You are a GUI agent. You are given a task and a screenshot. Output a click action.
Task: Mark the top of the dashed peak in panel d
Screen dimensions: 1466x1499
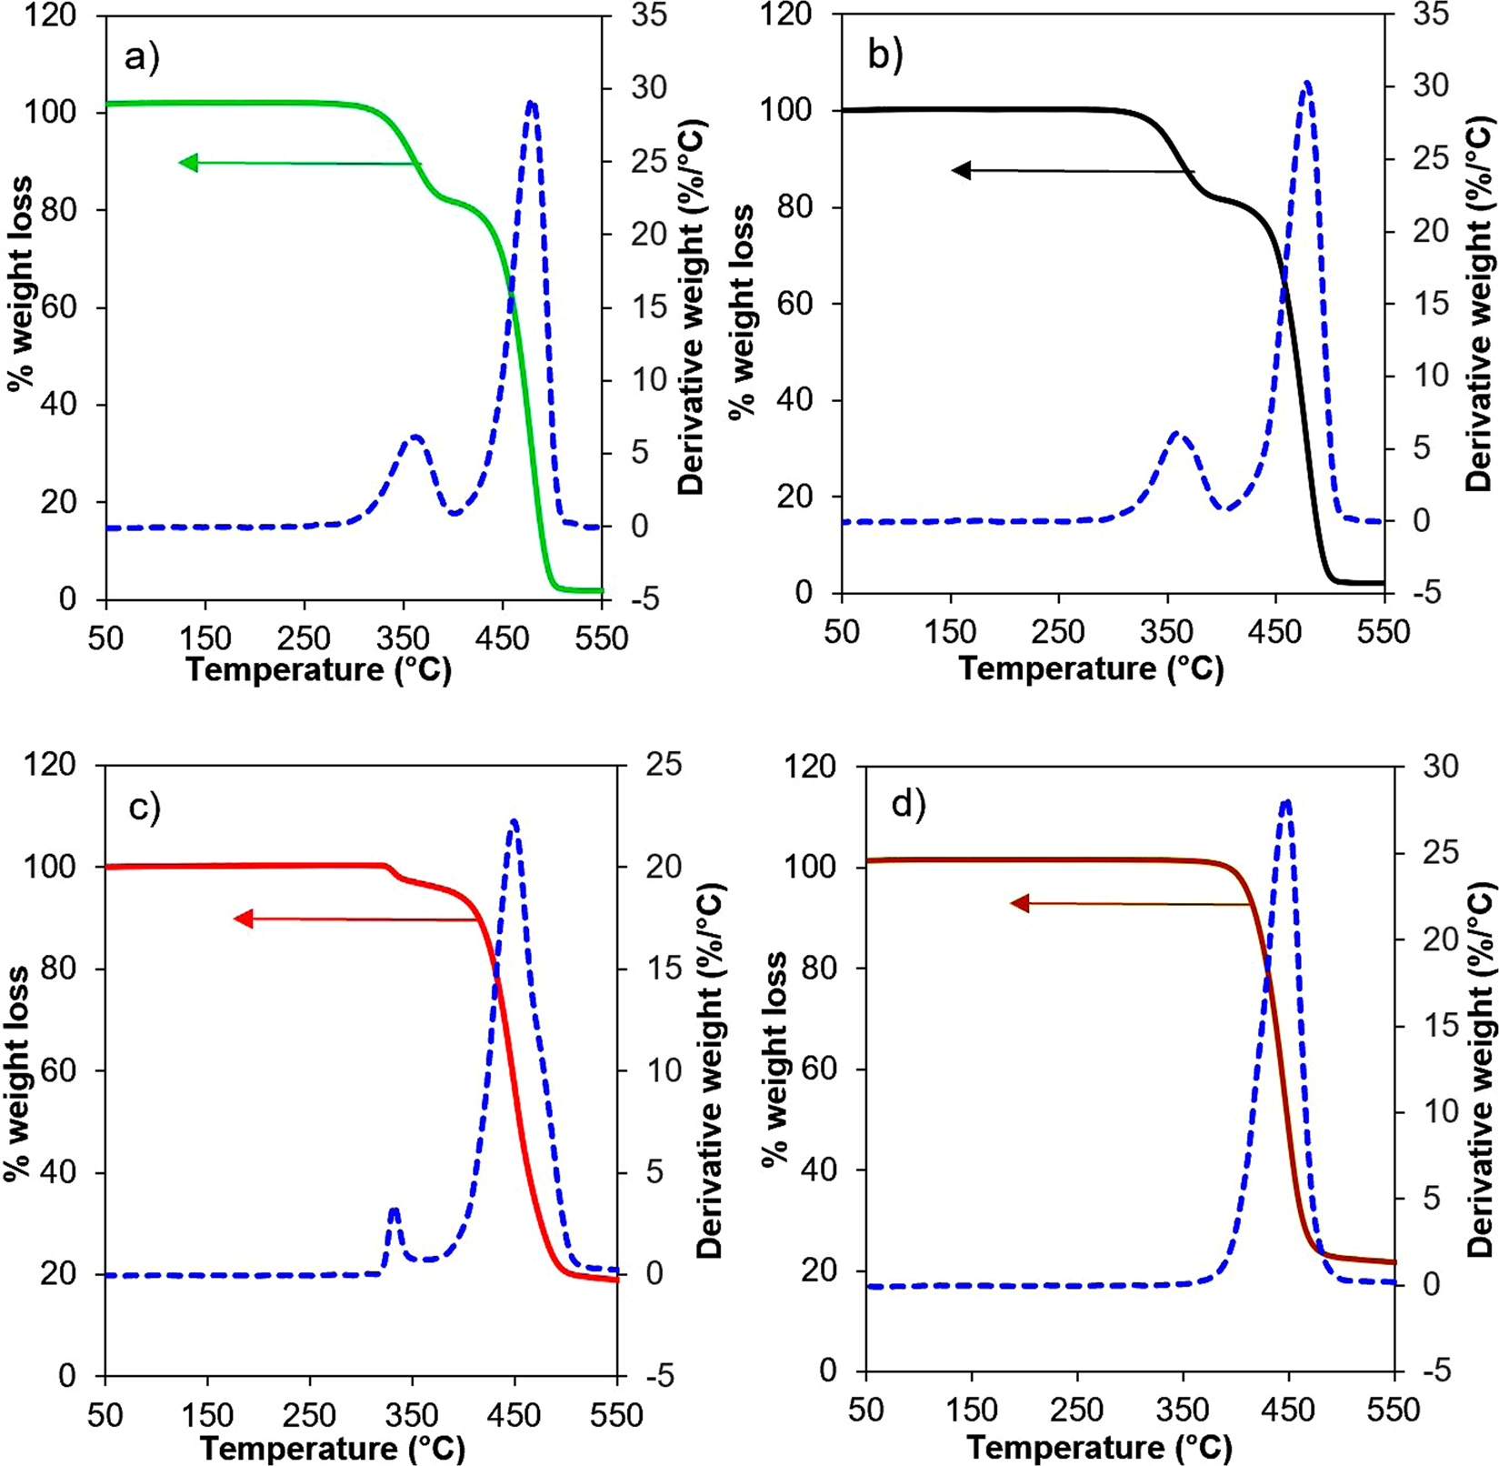coord(1285,801)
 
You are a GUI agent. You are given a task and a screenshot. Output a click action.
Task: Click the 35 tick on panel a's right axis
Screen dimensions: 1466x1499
coord(647,15)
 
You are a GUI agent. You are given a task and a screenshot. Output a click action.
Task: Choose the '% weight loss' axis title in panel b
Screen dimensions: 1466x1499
coord(742,309)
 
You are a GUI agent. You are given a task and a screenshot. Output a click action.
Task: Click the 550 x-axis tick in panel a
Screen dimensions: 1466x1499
coord(601,638)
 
